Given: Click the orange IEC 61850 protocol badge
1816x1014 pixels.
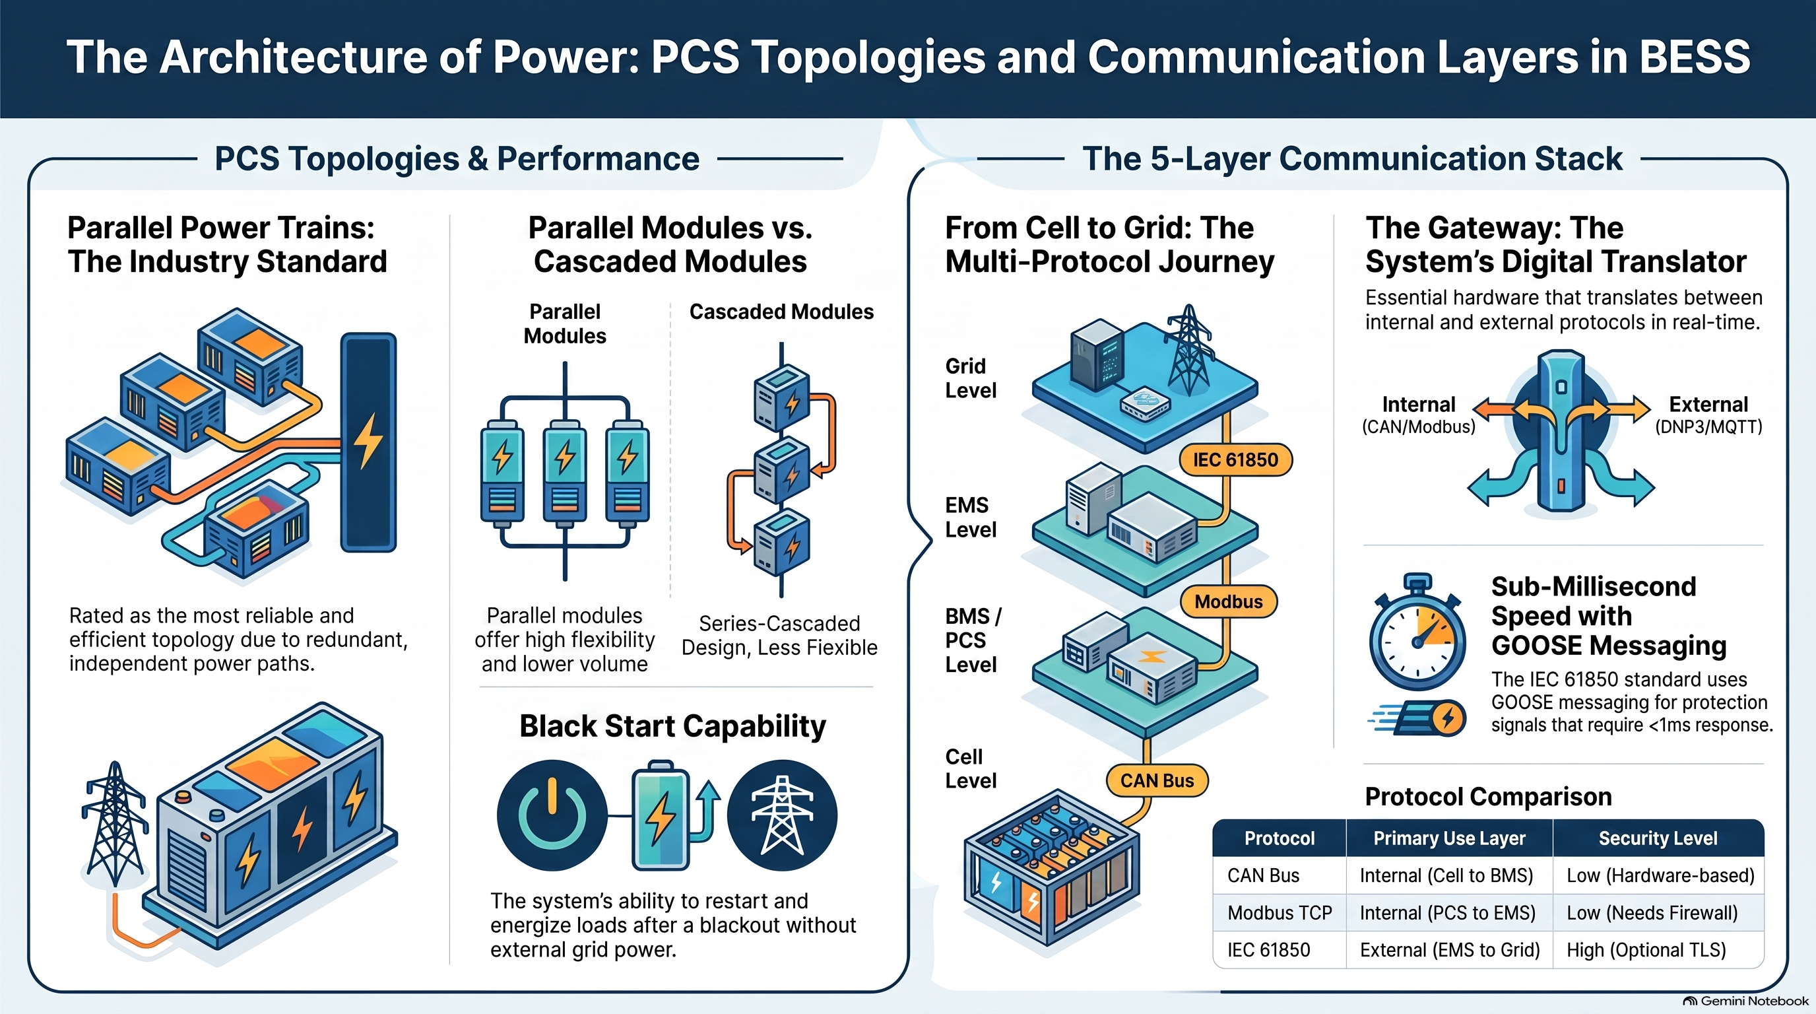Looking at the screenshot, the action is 1235,459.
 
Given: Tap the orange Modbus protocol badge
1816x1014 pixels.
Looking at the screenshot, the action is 1228,601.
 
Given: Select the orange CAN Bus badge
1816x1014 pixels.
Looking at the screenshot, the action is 1157,780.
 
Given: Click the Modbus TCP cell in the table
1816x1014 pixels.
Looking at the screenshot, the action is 1280,912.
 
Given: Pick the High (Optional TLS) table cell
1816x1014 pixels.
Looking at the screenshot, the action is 1646,950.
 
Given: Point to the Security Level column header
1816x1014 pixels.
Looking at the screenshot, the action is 1658,838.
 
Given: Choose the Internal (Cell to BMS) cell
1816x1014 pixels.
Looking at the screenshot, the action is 1446,875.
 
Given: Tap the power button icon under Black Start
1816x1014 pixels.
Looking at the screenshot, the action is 552,815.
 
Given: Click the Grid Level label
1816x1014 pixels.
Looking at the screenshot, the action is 971,378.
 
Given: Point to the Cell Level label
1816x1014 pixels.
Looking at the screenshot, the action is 971,768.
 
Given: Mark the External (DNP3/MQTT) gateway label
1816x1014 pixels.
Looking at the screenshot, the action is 1708,415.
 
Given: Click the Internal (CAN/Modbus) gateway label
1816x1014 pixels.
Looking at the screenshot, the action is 1418,415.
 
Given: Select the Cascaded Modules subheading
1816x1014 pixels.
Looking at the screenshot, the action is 781,312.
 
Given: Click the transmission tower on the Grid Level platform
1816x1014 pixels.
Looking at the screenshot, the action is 1189,350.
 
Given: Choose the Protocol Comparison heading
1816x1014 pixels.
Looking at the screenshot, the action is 1488,797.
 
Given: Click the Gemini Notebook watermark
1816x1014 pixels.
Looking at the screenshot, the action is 1745,1001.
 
